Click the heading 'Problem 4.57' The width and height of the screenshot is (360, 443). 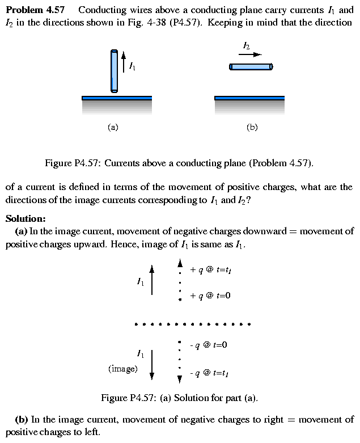(x=35, y=10)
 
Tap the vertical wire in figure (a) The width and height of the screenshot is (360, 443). (x=115, y=71)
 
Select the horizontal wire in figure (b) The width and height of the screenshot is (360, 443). (x=251, y=67)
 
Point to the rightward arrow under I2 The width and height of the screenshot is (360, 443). (x=250, y=54)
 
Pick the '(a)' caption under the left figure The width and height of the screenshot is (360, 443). (x=113, y=128)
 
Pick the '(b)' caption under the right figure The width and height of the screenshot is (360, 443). (x=252, y=128)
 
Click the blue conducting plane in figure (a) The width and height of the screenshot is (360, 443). (x=117, y=98)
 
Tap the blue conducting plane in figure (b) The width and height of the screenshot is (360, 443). (x=249, y=98)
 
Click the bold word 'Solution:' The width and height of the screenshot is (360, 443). (x=26, y=218)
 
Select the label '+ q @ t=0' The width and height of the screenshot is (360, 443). (x=210, y=296)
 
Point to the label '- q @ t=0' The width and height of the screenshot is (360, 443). (x=208, y=345)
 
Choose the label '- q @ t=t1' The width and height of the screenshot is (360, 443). (x=209, y=373)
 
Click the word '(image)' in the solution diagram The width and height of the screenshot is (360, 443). (x=123, y=369)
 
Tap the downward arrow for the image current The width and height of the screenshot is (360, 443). (x=152, y=365)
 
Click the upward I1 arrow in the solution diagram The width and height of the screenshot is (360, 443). (x=151, y=281)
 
